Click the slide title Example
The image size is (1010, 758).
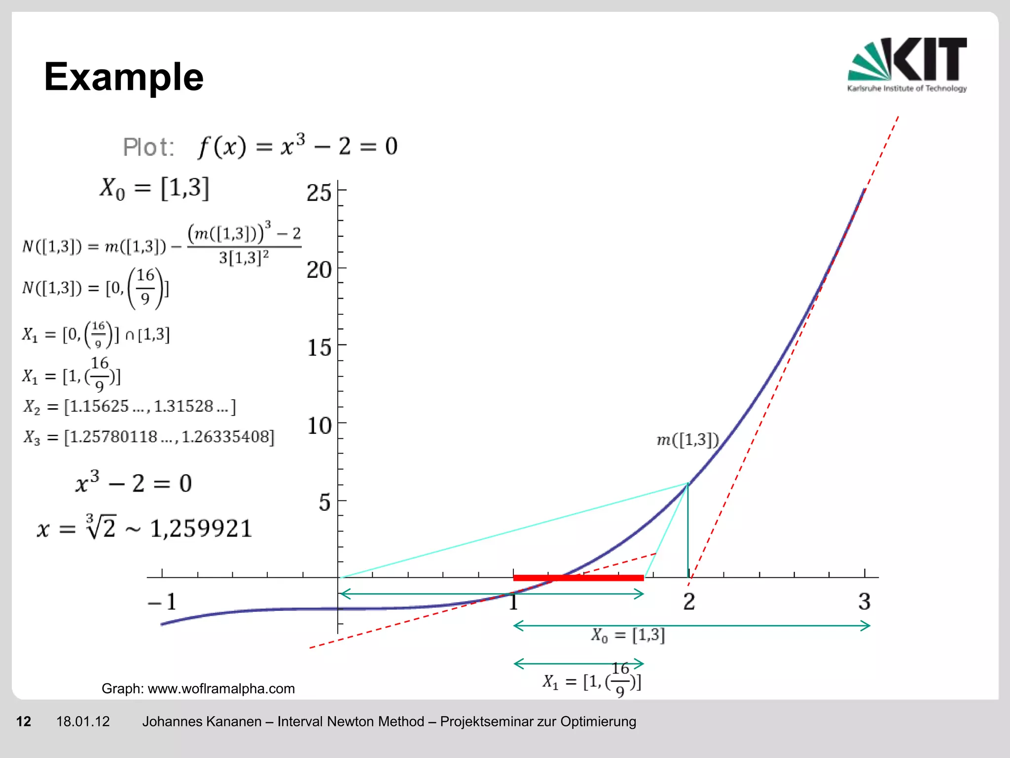point(124,77)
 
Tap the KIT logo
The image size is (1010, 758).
point(906,64)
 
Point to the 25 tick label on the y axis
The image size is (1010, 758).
point(319,192)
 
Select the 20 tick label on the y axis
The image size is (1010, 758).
point(319,270)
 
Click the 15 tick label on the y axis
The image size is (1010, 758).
point(319,348)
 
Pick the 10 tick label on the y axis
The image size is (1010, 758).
point(319,425)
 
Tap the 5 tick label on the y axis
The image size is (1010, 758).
point(324,502)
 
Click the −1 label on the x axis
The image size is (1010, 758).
point(163,602)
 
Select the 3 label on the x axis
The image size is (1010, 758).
point(864,602)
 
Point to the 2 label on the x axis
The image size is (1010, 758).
point(689,602)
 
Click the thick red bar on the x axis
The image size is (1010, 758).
point(578,577)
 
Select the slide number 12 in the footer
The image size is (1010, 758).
point(24,721)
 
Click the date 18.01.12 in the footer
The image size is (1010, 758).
point(83,721)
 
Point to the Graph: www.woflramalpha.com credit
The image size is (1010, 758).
point(198,688)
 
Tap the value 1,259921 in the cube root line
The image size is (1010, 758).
point(201,529)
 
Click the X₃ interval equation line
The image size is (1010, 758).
point(148,437)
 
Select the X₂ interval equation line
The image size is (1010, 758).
point(130,407)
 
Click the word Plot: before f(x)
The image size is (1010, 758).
point(148,147)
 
